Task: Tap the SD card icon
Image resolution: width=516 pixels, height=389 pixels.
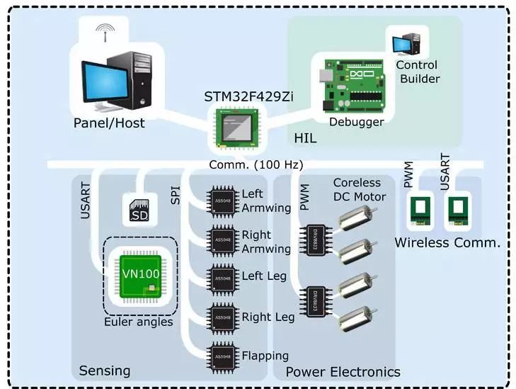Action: coord(139,210)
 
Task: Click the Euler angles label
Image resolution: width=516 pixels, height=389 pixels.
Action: coord(138,322)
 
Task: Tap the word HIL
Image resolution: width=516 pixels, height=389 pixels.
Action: coord(305,138)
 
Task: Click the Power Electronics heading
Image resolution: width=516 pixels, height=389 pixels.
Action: coord(343,372)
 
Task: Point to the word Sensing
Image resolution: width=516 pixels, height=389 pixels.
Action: coord(105,371)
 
